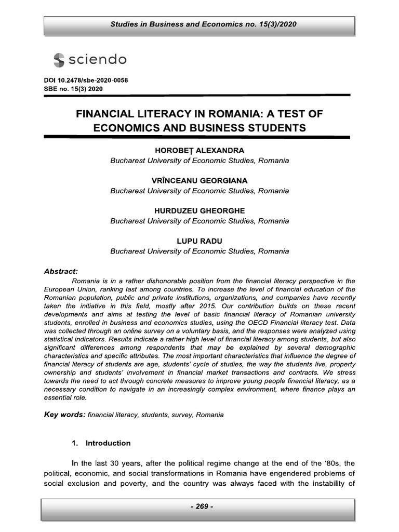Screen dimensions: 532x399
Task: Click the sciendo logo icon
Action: [59, 60]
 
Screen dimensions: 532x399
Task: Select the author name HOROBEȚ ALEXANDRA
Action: [199, 151]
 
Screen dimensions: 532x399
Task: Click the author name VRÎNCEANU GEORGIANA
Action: [199, 181]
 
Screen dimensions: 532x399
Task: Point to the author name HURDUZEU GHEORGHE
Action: [199, 211]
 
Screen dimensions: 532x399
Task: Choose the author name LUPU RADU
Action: [199, 241]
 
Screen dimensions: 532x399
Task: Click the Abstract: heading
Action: [61, 271]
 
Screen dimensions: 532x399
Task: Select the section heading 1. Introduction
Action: [101, 443]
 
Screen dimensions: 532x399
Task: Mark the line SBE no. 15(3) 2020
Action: [73, 89]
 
